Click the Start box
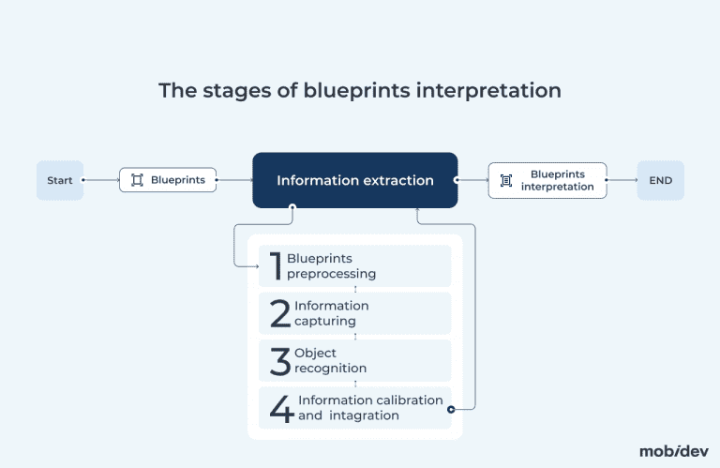[x=60, y=180]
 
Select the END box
[x=660, y=180]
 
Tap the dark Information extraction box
[x=354, y=180]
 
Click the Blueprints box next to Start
[x=168, y=180]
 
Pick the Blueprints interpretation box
[x=547, y=180]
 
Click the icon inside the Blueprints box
[x=137, y=180]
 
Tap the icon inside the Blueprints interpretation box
[x=506, y=180]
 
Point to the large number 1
[x=276, y=266]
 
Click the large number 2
[x=279, y=313]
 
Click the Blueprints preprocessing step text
[x=331, y=266]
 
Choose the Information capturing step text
[x=331, y=313]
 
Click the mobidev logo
[x=673, y=451]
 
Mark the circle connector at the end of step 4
[x=452, y=409]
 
